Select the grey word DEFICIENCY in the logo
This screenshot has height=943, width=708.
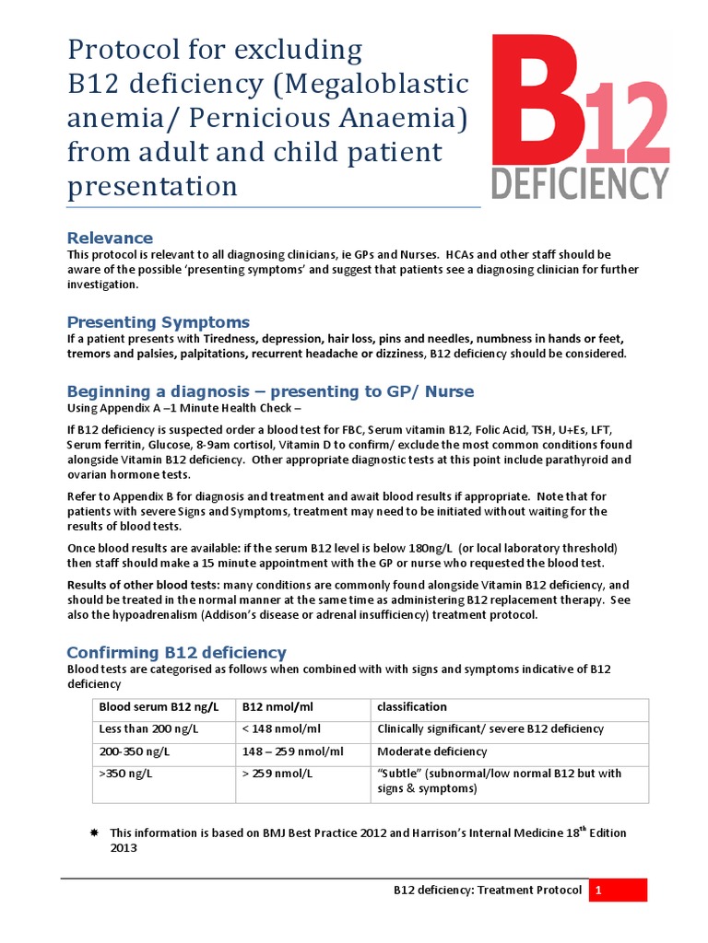(x=579, y=182)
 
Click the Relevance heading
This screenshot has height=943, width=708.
(x=110, y=239)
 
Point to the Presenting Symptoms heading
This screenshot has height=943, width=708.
(x=158, y=321)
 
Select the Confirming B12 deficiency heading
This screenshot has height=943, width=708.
(x=176, y=652)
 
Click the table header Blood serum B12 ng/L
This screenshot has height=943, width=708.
(x=159, y=707)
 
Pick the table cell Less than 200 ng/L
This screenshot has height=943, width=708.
(x=147, y=729)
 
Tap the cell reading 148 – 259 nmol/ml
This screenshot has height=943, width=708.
(x=292, y=751)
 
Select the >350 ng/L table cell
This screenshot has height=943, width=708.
(x=125, y=774)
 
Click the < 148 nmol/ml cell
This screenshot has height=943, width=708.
(x=281, y=729)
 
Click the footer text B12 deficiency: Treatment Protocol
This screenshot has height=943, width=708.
(x=487, y=891)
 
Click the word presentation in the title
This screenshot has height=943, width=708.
(x=152, y=186)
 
